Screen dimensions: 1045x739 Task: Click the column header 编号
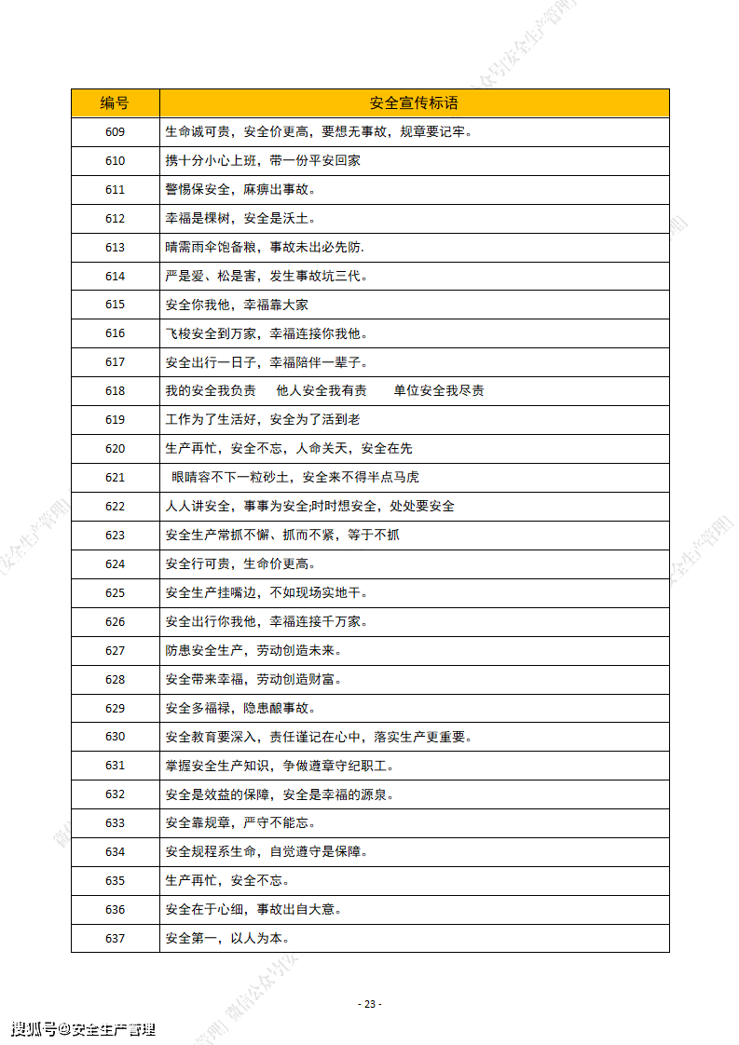pos(115,102)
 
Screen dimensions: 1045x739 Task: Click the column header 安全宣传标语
pos(414,102)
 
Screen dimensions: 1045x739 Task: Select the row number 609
pos(115,131)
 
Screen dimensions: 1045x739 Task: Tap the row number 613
pos(115,247)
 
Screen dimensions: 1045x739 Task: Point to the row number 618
pos(115,390)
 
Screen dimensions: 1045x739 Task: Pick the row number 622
pos(115,506)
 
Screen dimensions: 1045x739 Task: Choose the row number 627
pos(115,650)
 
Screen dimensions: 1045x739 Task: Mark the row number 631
pos(115,766)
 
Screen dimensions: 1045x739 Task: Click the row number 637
pos(115,938)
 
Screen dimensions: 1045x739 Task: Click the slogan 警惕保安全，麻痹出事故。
pos(240,189)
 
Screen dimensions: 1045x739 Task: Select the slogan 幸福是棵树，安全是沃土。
pos(240,218)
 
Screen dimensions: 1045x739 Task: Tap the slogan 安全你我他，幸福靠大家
pos(237,305)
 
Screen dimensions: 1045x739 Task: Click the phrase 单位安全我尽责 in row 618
pos(438,390)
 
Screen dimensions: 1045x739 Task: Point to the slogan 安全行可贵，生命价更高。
pos(240,563)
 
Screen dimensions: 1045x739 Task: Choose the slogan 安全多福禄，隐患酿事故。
pos(240,708)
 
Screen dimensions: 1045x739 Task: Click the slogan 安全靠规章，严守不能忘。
pos(240,822)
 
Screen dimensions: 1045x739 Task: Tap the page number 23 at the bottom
pos(370,1004)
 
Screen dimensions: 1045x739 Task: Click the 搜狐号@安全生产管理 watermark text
pos(83,1029)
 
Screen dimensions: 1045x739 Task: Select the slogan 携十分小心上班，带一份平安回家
pos(263,160)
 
